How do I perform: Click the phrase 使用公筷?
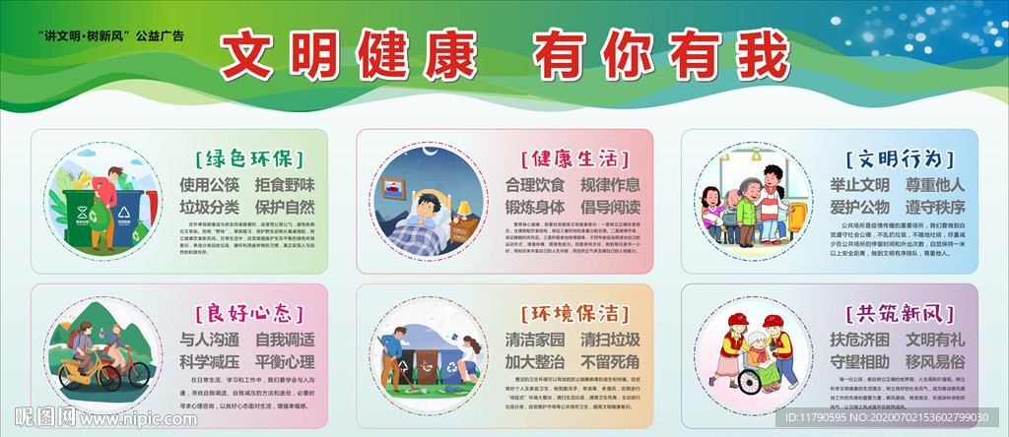pyautogui.click(x=209, y=184)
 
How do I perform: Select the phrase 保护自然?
pyautogui.click(x=285, y=207)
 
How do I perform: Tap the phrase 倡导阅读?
pyautogui.click(x=610, y=207)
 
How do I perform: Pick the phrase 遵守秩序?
pyautogui.click(x=933, y=207)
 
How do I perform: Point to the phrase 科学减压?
pyautogui.click(x=209, y=361)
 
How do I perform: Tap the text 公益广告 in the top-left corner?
pyautogui.click(x=166, y=36)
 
